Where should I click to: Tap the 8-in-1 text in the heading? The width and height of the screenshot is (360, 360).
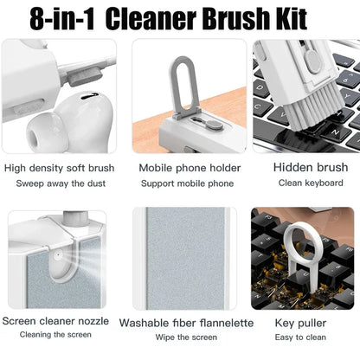pyautogui.click(x=61, y=19)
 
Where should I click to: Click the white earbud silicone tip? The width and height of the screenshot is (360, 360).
pyautogui.click(x=43, y=132)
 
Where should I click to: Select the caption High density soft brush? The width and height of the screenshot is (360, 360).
pyautogui.click(x=59, y=168)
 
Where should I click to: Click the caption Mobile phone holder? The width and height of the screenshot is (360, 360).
pyautogui.click(x=190, y=168)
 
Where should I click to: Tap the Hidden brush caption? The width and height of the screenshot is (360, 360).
pyautogui.click(x=311, y=167)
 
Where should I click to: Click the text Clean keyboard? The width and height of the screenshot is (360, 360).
pyautogui.click(x=311, y=183)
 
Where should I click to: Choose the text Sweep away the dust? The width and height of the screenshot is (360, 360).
pyautogui.click(x=61, y=183)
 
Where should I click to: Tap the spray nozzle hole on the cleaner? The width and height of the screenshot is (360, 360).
pyautogui.click(x=58, y=255)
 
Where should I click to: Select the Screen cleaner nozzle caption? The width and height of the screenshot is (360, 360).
pyautogui.click(x=55, y=321)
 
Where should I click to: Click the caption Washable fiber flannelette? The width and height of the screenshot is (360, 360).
pyautogui.click(x=186, y=323)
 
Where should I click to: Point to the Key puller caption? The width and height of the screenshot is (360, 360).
pyautogui.click(x=300, y=323)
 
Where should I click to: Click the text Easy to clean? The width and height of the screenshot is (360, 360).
pyautogui.click(x=300, y=337)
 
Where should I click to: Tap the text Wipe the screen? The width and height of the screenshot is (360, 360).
pyautogui.click(x=186, y=337)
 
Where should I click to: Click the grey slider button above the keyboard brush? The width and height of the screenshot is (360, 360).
pyautogui.click(x=312, y=61)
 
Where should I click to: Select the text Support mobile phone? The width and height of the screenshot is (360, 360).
pyautogui.click(x=187, y=183)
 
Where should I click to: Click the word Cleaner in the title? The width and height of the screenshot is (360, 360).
pyautogui.click(x=151, y=19)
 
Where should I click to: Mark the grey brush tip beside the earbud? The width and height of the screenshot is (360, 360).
pyautogui.click(x=85, y=77)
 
